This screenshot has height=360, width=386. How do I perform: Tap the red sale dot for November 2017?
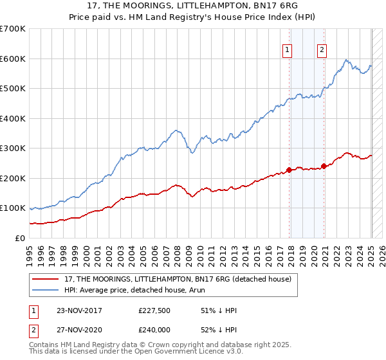click(289, 170)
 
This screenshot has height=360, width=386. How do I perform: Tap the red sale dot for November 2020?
click(324, 166)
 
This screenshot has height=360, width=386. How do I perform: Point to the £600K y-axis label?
click(13, 59)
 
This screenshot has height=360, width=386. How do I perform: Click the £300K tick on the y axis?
click(13, 148)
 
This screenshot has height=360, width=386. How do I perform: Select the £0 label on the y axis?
click(19, 238)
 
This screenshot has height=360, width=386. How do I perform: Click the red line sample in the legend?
click(46, 279)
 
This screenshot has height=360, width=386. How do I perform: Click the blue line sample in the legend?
click(46, 290)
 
